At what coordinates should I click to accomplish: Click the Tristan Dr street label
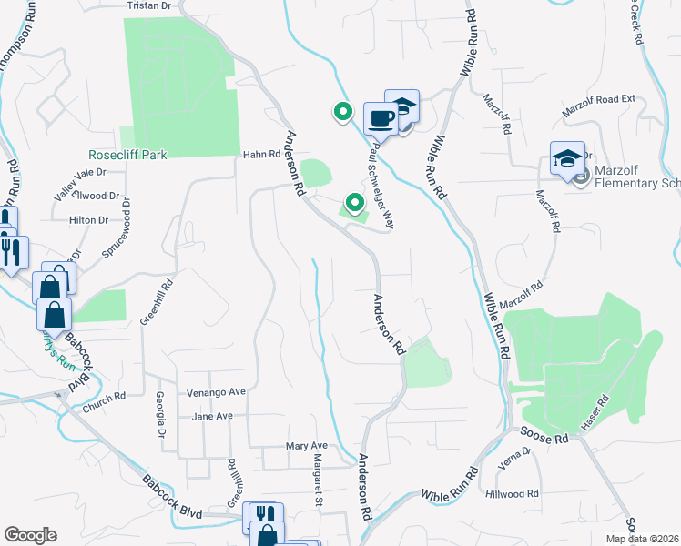point(149,5)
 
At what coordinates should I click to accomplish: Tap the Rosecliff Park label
point(128,156)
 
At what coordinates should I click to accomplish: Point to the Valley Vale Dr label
point(80,174)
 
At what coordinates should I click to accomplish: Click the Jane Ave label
point(213,416)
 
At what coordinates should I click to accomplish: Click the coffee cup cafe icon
point(380,117)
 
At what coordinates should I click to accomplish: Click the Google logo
point(30,535)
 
